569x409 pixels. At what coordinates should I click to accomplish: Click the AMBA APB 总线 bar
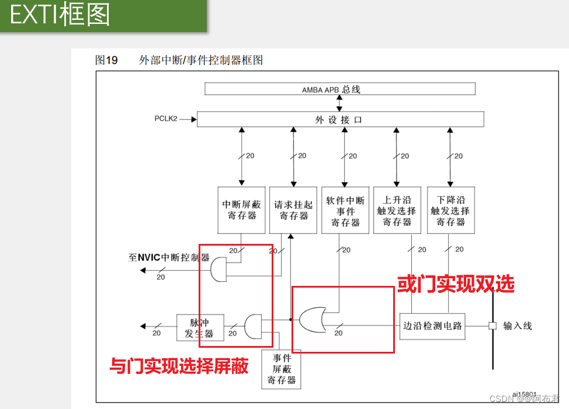pos(339,89)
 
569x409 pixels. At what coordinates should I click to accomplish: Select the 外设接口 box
pos(340,119)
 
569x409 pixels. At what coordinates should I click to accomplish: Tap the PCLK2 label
pos(166,118)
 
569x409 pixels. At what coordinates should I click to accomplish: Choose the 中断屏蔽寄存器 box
pos(242,210)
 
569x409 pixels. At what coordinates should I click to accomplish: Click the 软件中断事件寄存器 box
pos(345,210)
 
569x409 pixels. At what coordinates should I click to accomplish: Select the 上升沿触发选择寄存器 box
pos(397,210)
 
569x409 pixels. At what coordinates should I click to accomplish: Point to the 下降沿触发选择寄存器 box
pos(450,210)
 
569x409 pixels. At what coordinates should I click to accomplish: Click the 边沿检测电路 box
pos(432,326)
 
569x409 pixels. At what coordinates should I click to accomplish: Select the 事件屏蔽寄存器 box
pos(282,369)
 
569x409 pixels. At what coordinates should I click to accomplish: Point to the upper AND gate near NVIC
pos(218,269)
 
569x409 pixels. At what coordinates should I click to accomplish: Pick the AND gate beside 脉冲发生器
pos(253,326)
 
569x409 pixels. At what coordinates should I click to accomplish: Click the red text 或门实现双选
pos(456,284)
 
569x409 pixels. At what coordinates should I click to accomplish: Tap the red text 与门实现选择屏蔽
pos(179,366)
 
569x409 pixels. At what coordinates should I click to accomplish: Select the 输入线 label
pos(518,326)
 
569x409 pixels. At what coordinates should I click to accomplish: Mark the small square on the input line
pos(492,326)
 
